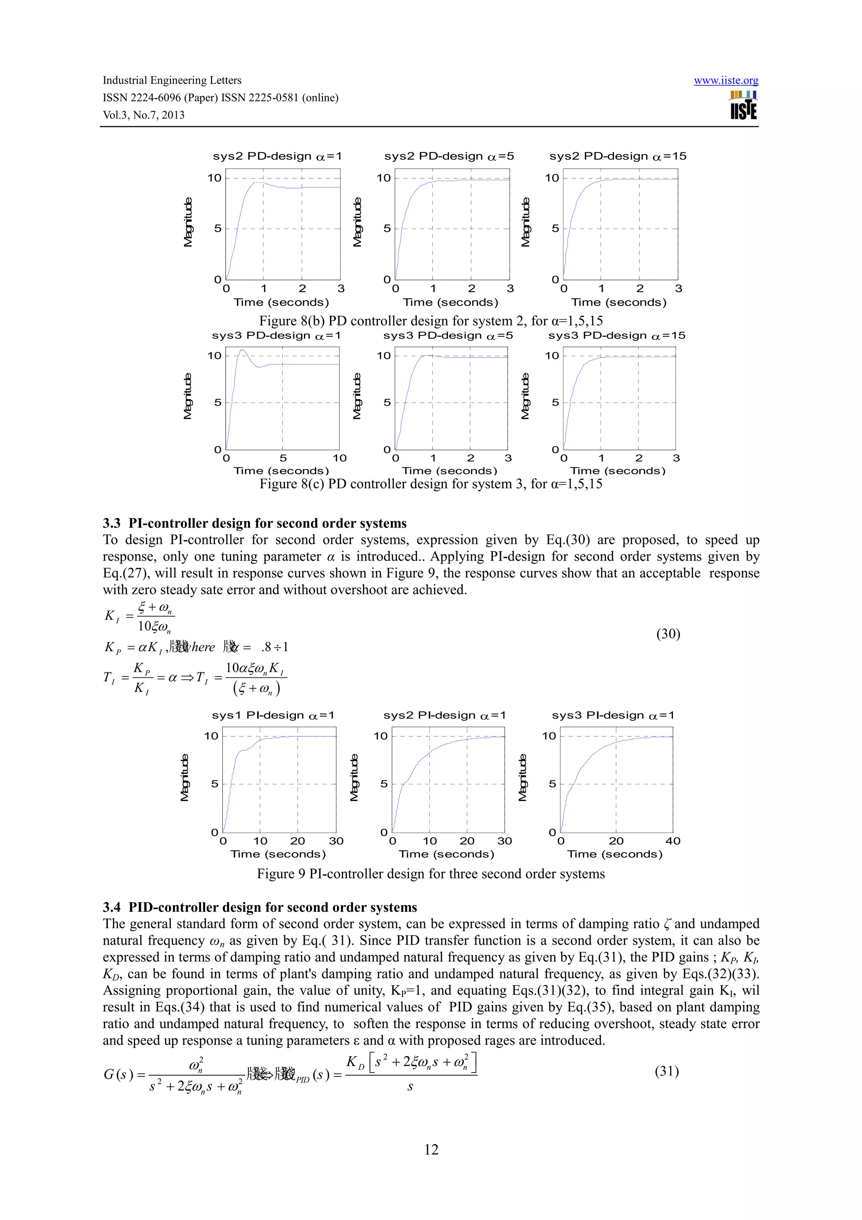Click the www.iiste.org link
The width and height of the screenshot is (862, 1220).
pos(726,81)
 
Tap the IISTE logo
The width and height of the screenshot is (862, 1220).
pos(743,105)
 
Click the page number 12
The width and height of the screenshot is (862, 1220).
pos(431,1149)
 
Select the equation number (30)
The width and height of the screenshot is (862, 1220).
pos(668,634)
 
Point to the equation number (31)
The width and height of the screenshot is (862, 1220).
pos(667,1071)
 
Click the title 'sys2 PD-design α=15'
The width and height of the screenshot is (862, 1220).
pos(618,156)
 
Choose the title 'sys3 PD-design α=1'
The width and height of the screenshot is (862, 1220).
pos(276,336)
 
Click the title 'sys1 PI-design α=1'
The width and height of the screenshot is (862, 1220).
pos(273,715)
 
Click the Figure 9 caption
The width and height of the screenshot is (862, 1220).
pos(431,874)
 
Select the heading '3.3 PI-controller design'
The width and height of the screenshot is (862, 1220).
pos(254,523)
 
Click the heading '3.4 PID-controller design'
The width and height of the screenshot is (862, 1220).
pos(260,907)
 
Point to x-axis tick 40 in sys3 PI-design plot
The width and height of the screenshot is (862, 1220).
pos(673,841)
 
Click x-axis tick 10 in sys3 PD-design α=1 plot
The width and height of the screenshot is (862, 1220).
pos(339,458)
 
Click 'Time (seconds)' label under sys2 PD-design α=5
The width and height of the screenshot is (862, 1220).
pos(450,302)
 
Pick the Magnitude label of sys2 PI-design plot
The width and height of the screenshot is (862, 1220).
pos(354,778)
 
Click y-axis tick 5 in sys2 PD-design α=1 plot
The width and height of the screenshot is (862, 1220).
pos(218,229)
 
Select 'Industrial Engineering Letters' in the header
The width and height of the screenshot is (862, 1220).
pos(172,80)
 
